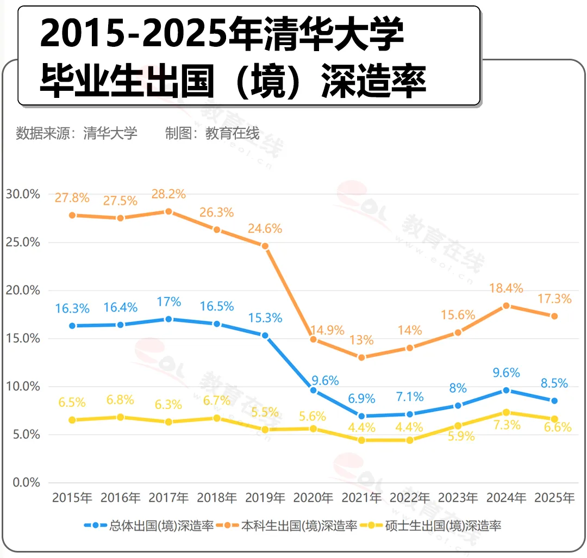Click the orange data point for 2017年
pos(168,212)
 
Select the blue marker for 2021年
pos(361,416)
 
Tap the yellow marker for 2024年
pos(506,412)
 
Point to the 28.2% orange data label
pos(168,194)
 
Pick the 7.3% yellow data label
pos(506,425)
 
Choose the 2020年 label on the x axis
pos(313,498)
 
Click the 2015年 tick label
pos(72,498)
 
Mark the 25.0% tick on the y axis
pos(23,242)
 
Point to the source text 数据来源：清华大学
pos(77,133)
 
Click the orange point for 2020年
pos(313,339)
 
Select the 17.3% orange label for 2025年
pos(554,299)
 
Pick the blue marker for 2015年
pos(72,326)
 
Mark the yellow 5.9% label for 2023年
pos(458,436)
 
